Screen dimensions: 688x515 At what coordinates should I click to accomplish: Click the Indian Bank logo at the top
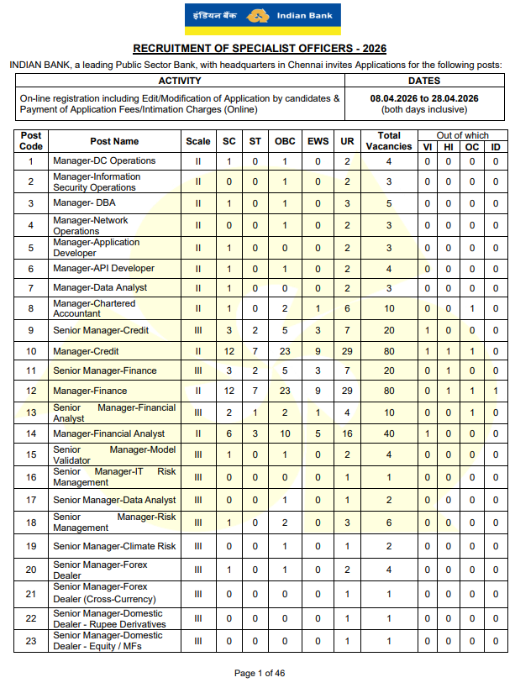(x=257, y=18)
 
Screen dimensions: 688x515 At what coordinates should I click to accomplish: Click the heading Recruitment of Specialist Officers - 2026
(x=257, y=50)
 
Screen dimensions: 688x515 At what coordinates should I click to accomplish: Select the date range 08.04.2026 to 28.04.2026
(x=424, y=98)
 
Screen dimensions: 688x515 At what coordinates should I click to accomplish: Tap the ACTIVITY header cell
(x=180, y=81)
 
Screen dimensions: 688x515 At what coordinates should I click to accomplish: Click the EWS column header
(x=318, y=141)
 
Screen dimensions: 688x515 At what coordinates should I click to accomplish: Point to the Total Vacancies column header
(x=389, y=140)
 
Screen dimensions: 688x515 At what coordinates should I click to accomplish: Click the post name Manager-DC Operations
(x=104, y=160)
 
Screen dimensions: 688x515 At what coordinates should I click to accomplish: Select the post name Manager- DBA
(x=88, y=203)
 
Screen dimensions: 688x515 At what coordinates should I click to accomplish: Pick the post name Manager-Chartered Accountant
(x=94, y=308)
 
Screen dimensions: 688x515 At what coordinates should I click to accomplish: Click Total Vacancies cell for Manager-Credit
(x=389, y=351)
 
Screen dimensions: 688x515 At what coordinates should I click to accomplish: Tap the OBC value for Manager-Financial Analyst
(x=285, y=433)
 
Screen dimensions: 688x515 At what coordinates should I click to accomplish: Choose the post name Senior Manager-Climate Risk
(x=114, y=546)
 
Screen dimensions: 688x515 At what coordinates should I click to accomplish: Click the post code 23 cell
(x=31, y=641)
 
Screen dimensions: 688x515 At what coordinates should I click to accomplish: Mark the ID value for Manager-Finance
(x=496, y=391)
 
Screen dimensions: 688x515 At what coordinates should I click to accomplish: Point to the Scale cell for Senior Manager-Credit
(x=198, y=330)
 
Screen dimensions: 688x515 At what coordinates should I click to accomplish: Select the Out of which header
(x=463, y=135)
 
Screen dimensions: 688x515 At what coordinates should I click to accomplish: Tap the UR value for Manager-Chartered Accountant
(x=347, y=308)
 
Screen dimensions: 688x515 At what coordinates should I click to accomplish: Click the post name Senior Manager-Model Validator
(x=114, y=455)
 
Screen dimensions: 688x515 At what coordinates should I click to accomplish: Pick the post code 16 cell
(x=31, y=477)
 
